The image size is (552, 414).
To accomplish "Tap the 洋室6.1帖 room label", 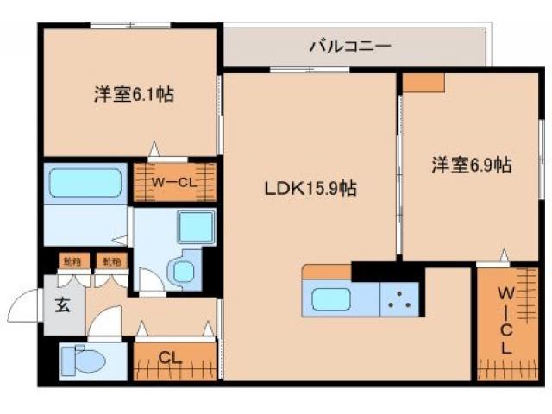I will [134, 94].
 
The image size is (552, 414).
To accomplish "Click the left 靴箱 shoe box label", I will [70, 260].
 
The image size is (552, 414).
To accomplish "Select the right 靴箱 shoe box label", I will [108, 260].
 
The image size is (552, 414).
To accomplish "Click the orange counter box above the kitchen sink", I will [327, 273].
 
